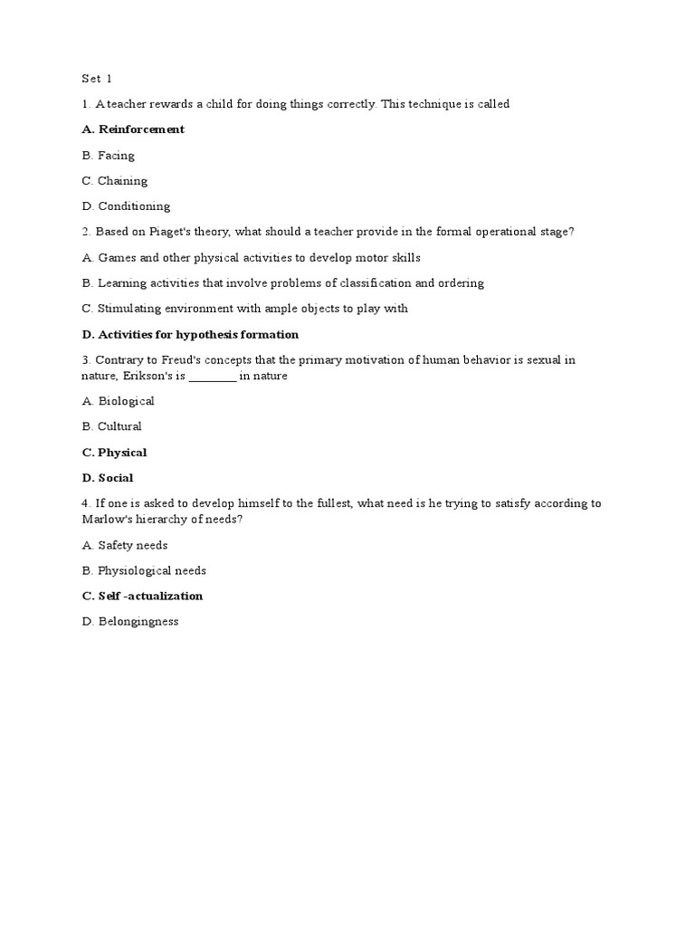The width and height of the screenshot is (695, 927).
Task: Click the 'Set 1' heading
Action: click(97, 78)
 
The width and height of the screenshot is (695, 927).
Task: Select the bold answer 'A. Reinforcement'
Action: click(133, 129)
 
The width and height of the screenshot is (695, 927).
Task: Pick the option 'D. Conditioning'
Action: click(126, 205)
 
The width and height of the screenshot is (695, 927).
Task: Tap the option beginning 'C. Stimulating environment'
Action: click(244, 308)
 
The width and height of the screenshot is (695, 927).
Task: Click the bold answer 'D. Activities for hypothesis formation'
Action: click(190, 334)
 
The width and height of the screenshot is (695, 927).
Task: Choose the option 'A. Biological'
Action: click(118, 401)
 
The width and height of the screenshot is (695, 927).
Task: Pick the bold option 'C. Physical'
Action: click(114, 453)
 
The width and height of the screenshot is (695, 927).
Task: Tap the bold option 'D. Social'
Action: click(108, 478)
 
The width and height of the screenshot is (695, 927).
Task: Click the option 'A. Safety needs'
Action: click(124, 545)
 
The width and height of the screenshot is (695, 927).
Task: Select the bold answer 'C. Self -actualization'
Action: click(142, 596)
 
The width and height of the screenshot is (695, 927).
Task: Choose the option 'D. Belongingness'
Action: click(130, 621)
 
